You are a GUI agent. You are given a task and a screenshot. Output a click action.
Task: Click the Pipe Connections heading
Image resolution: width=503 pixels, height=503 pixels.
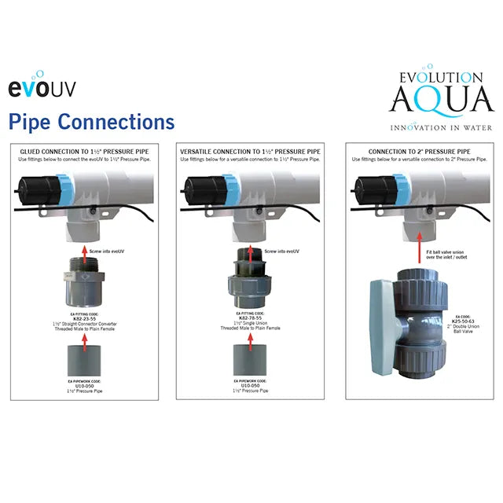point(91,122)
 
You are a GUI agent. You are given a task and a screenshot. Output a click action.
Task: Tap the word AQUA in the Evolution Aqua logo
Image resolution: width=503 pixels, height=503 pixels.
point(434,101)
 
